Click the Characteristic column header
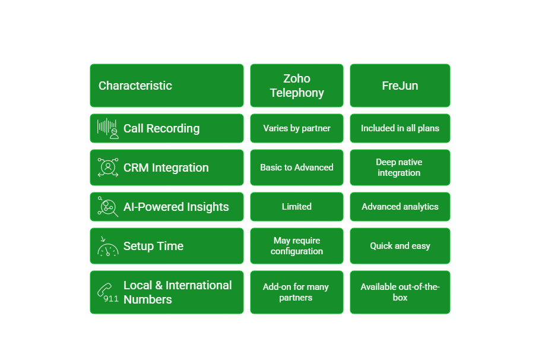tap(135, 86)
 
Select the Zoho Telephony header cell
tap(297, 86)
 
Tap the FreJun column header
tap(400, 86)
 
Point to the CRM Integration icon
tap(108, 168)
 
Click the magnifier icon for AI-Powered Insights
tap(108, 207)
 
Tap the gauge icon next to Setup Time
tap(108, 247)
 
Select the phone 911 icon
tap(108, 292)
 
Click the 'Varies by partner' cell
tap(297, 128)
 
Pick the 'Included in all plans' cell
tap(400, 128)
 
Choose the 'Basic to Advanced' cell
tap(297, 168)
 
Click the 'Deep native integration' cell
tap(400, 168)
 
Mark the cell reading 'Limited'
tap(297, 207)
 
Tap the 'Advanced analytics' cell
tap(400, 207)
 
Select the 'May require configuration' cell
tap(297, 246)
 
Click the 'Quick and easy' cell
tap(400, 246)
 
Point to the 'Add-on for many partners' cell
tap(297, 292)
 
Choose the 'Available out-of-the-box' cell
tap(400, 292)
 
